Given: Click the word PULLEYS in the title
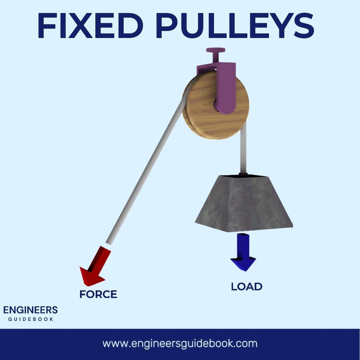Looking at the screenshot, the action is [235, 25].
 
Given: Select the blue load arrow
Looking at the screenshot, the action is [243, 252].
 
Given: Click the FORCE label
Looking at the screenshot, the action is [98, 294].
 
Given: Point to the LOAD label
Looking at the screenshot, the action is [247, 287].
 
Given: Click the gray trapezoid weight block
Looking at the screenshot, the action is [244, 203].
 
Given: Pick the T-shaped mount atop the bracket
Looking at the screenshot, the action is [216, 55].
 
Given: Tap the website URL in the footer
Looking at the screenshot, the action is [180, 344].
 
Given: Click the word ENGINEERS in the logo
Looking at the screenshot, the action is [30, 310].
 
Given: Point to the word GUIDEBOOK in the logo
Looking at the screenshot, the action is [31, 319].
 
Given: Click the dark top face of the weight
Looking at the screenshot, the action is [243, 176].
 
